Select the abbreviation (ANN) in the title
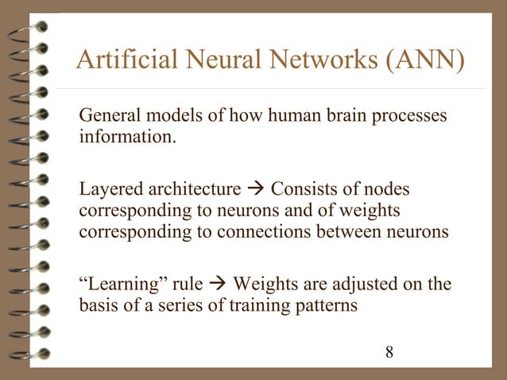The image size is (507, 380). click(x=427, y=60)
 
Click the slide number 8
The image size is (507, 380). click(x=389, y=351)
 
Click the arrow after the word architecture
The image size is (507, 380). click(x=254, y=189)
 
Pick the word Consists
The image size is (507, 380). click(x=303, y=189)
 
